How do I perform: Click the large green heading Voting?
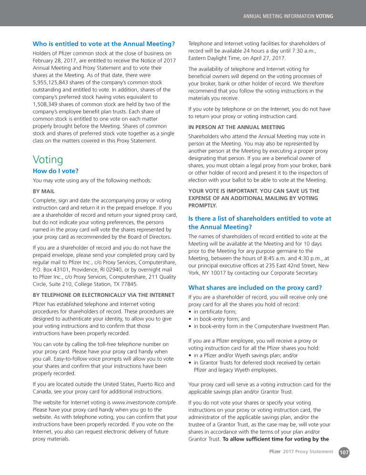click(48, 159)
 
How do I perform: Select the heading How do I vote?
click(55, 171)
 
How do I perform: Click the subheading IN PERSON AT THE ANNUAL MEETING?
click(236, 127)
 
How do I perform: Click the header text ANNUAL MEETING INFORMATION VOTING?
click(288, 16)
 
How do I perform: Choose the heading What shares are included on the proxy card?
click(255, 288)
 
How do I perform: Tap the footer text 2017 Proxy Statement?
click(308, 452)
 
